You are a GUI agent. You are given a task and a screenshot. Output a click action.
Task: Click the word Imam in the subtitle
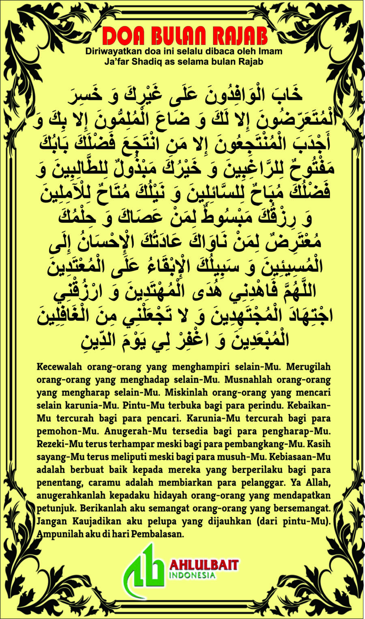tap(270, 52)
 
